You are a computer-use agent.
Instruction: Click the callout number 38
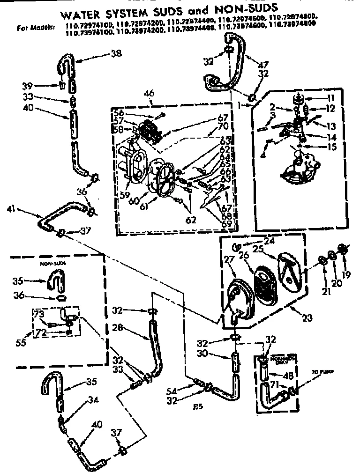(116, 53)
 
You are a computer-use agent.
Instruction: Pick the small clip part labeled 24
(238, 245)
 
